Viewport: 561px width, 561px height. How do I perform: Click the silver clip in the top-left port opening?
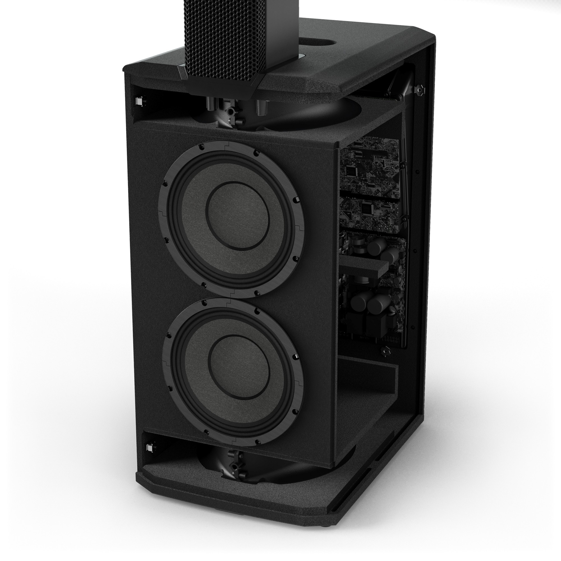tap(139, 101)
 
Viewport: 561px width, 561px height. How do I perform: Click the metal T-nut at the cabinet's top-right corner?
tap(420, 90)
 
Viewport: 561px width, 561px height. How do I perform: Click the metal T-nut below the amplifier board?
tap(385, 352)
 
